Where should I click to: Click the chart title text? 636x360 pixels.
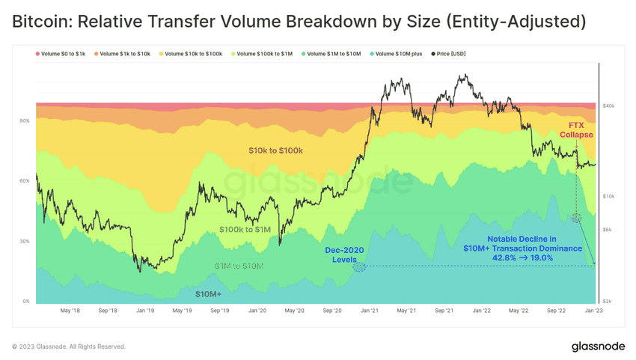[299, 21]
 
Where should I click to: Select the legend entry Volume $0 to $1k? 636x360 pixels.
[63, 54]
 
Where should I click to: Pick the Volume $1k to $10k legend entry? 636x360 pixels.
[125, 54]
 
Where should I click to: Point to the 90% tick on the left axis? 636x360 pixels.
[25, 120]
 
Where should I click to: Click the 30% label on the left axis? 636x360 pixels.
[25, 242]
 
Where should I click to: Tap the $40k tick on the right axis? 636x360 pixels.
[608, 106]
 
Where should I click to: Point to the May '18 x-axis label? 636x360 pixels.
[70, 310]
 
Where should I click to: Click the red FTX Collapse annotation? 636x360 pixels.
[576, 130]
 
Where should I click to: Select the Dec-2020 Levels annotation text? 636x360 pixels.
[345, 254]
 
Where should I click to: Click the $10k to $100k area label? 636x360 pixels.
[275, 150]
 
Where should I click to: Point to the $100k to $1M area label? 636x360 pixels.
[245, 229]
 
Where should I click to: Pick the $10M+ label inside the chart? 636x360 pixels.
[208, 294]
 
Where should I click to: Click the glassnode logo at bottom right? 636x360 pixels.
[598, 347]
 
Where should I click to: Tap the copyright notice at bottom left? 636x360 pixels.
[69, 347]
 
